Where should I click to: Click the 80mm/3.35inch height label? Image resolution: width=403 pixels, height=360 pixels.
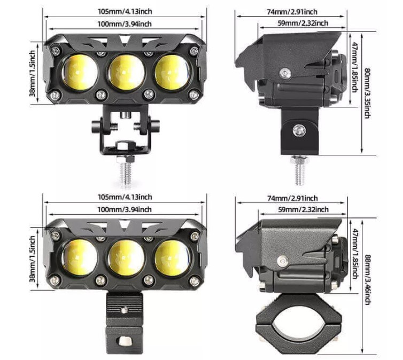[367, 93]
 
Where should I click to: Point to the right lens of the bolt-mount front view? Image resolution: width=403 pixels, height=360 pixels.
[172, 72]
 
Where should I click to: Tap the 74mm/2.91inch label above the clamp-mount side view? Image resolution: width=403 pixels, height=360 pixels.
[292, 199]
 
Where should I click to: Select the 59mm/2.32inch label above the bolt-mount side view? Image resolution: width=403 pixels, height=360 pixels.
[303, 23]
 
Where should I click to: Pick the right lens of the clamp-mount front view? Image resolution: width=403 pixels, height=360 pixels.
[172, 257]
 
